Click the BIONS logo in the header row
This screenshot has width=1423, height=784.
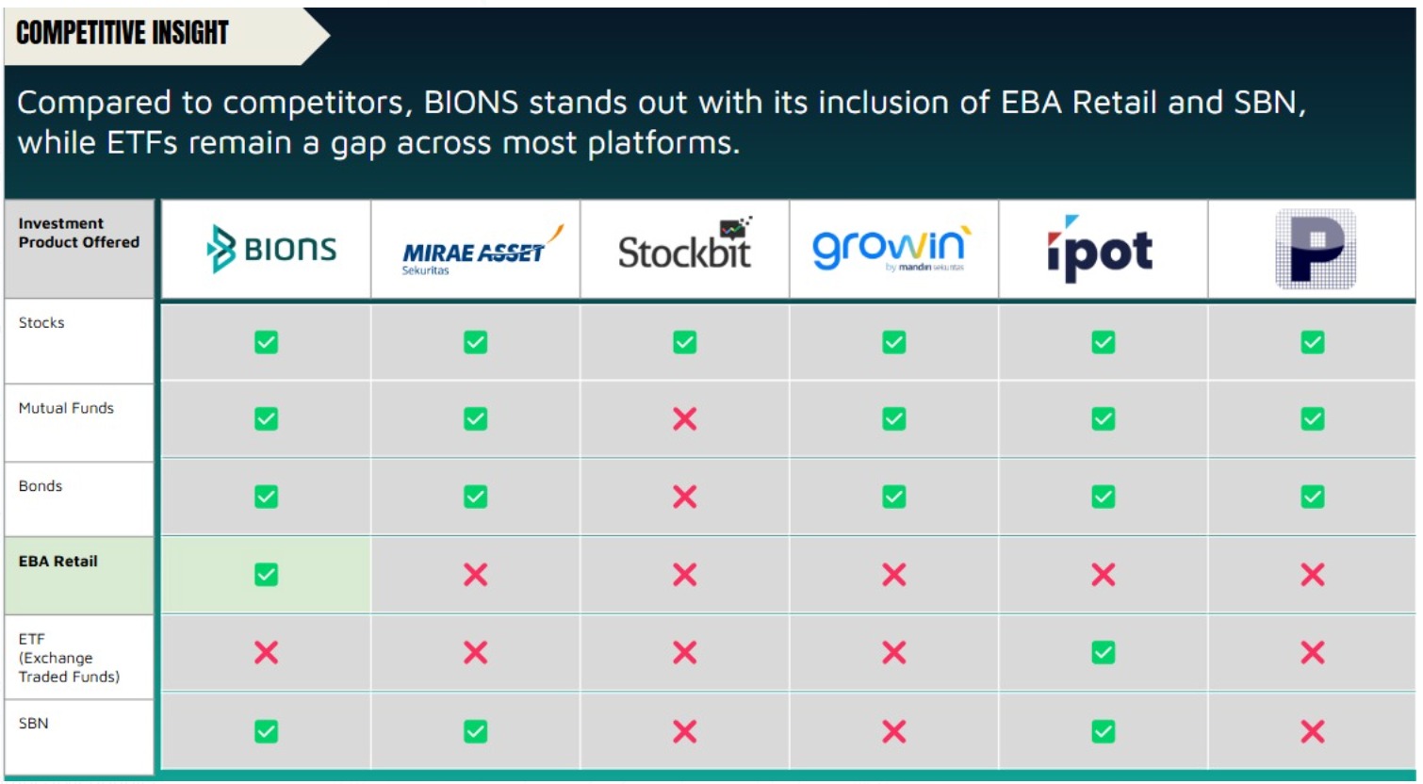tap(271, 249)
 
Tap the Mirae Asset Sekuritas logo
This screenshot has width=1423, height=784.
tap(483, 250)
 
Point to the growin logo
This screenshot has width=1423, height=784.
tap(891, 249)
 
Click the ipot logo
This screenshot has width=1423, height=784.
tap(1100, 249)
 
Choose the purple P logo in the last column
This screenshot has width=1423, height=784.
tap(1316, 249)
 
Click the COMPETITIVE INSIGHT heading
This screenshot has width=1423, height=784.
tap(122, 33)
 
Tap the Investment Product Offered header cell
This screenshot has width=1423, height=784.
tap(79, 233)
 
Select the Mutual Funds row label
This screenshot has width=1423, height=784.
tap(66, 408)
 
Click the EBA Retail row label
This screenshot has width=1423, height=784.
tap(57, 561)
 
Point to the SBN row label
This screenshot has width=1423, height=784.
tap(33, 723)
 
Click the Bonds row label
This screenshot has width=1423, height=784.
tap(40, 486)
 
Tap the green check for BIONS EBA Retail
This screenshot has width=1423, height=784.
tap(266, 575)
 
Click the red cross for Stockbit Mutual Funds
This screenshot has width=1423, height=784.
tap(685, 418)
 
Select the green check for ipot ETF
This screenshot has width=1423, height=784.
tap(1104, 652)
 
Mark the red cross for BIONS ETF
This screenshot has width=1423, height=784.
tap(266, 652)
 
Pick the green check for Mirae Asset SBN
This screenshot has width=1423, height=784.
tap(475, 731)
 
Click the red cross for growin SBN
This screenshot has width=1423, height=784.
tap(893, 731)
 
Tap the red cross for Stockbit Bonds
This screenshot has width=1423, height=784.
tap(685, 497)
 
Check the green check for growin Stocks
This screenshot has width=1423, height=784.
tap(893, 342)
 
